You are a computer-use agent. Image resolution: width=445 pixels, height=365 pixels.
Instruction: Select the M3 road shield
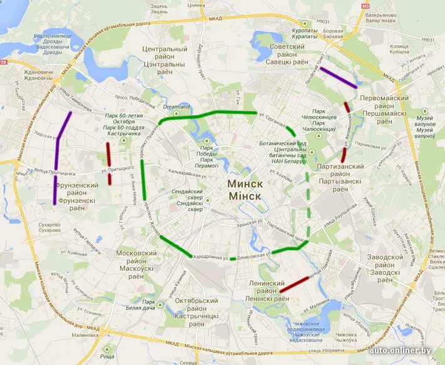tap(365, 6)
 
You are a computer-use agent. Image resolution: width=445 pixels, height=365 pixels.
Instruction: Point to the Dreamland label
tap(176, 107)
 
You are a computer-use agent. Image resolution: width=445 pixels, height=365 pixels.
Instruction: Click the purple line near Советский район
tap(338, 78)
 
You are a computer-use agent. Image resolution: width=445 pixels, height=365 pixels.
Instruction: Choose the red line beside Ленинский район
tap(294, 284)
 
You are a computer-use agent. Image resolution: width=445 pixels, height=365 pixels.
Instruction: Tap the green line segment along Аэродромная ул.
tap(175, 246)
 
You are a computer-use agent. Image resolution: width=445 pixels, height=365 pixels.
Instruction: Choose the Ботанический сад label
tap(282, 144)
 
